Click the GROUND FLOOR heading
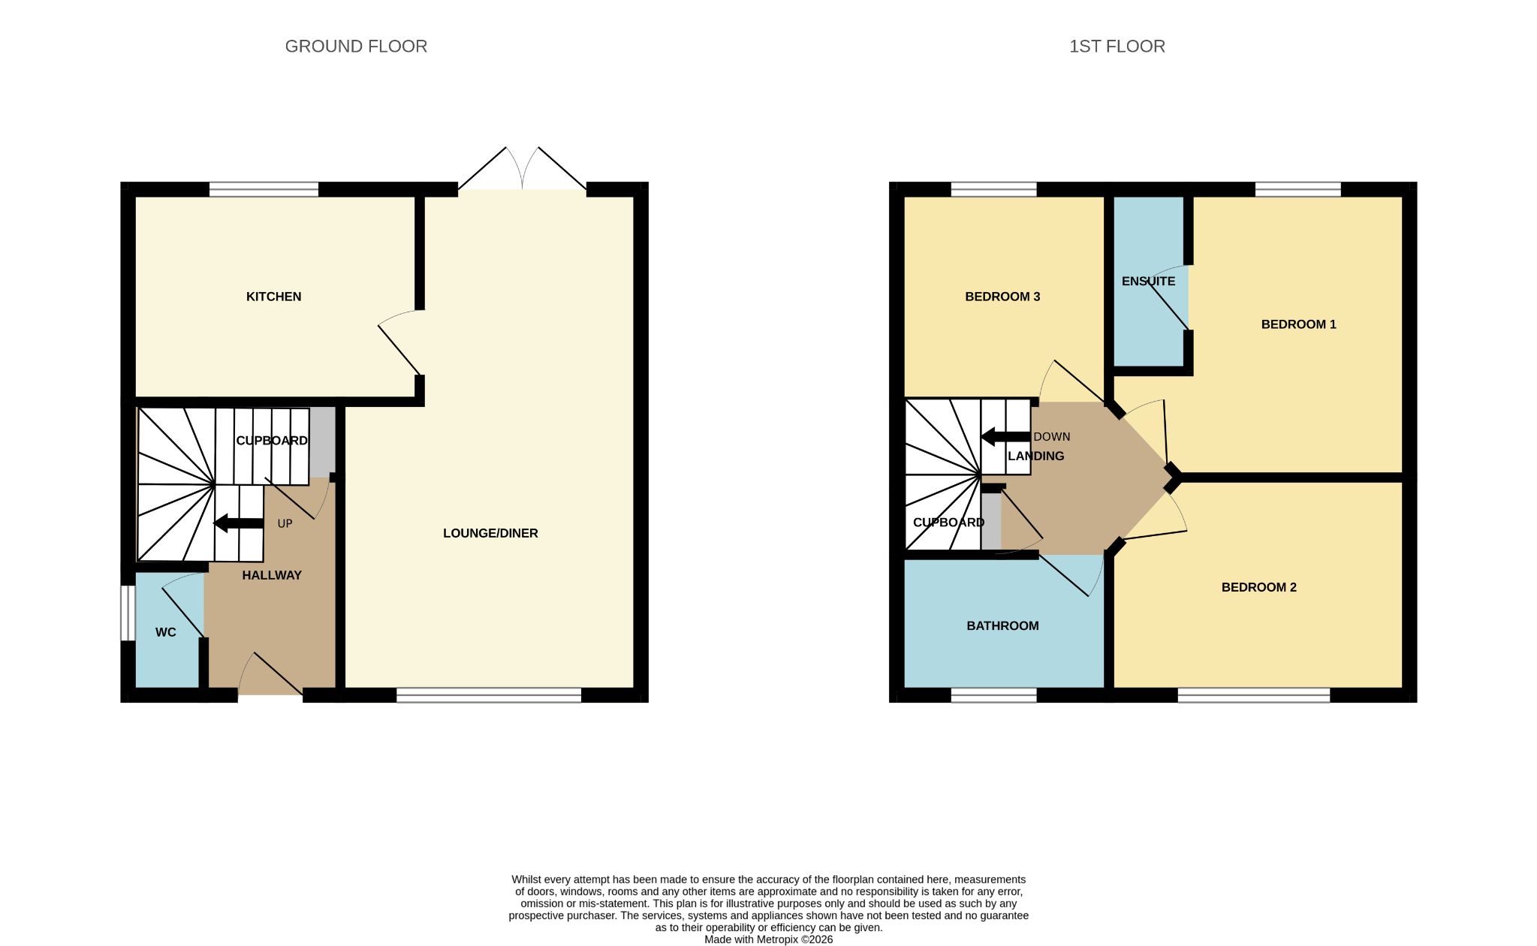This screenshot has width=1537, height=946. pyautogui.click(x=356, y=47)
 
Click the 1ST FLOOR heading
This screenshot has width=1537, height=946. pyautogui.click(x=1117, y=47)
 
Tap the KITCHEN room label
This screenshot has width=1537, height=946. pyautogui.click(x=273, y=297)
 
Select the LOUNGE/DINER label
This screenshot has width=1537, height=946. pyautogui.click(x=490, y=533)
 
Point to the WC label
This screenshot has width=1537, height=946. pyautogui.click(x=166, y=632)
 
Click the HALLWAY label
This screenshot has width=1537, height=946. pyautogui.click(x=272, y=575)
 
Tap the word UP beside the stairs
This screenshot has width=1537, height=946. pyautogui.click(x=285, y=523)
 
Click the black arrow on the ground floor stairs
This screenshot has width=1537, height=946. pyautogui.click(x=239, y=523)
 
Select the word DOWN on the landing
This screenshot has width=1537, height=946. pyautogui.click(x=1052, y=436)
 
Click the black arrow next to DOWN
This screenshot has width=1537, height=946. pyautogui.click(x=1005, y=436)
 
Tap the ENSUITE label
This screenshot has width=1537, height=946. pyautogui.click(x=1148, y=281)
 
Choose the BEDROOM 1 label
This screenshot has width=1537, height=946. pyautogui.click(x=1298, y=324)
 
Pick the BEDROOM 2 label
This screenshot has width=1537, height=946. pyautogui.click(x=1258, y=587)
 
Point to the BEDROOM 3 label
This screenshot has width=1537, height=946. pyautogui.click(x=1002, y=297)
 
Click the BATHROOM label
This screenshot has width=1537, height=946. pyautogui.click(x=1002, y=625)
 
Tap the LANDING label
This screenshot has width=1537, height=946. pyautogui.click(x=1035, y=456)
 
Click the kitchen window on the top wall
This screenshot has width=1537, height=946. pyautogui.click(x=264, y=189)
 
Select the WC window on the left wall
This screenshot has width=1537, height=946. pyautogui.click(x=128, y=613)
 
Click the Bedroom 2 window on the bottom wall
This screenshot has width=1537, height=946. pyautogui.click(x=1254, y=695)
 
